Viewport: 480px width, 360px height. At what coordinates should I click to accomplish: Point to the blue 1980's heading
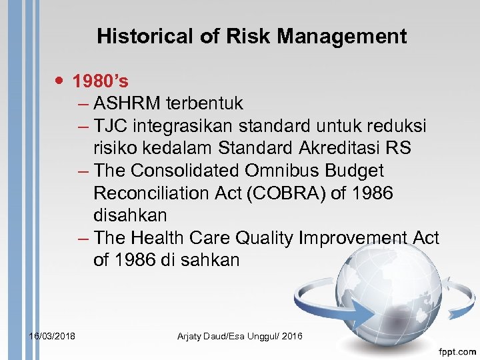[x=101, y=81]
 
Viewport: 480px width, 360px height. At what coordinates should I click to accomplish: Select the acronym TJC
[x=110, y=126]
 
